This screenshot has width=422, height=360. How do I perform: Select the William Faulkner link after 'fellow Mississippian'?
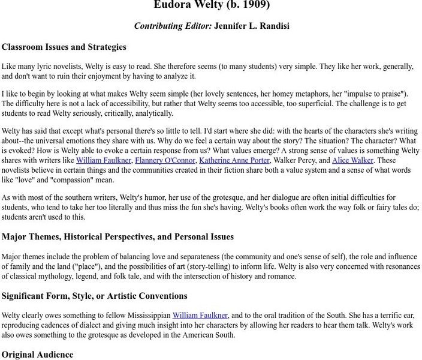click(200, 315)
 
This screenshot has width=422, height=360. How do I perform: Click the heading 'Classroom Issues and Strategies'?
click(64, 47)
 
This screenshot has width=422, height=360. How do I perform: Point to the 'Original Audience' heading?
click(37, 354)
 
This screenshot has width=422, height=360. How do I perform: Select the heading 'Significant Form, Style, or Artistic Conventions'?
click(95, 296)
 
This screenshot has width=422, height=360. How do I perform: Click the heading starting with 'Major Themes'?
click(117, 237)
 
